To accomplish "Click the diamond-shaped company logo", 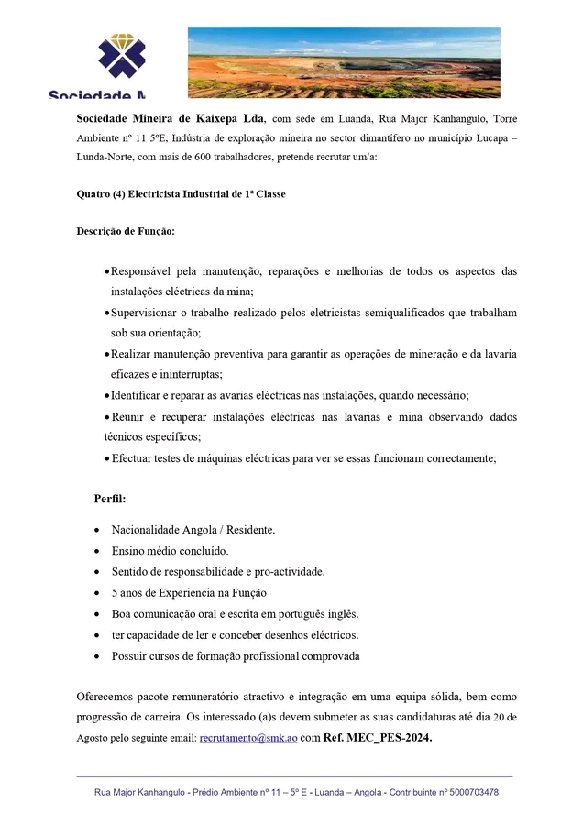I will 122,57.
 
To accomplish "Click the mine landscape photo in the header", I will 344,61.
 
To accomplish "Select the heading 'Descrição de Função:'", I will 125,231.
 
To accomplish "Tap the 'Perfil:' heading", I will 110,499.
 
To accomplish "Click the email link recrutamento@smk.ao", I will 248,737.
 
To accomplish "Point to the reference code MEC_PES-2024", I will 391,737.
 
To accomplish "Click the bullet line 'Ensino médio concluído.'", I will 170,551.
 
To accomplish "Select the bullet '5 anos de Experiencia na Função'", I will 189,593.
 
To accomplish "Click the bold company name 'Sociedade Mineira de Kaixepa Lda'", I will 170,119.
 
